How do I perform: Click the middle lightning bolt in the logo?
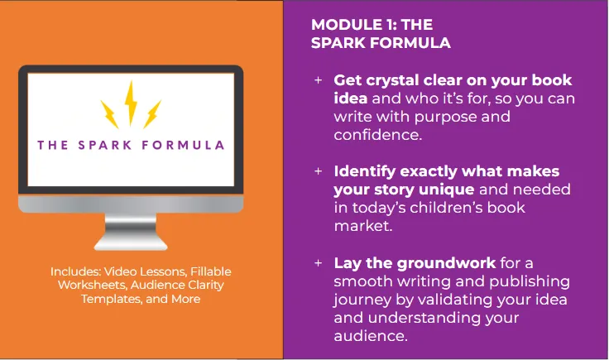click(131, 102)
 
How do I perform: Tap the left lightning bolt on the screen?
click(110, 114)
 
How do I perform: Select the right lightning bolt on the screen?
click(152, 114)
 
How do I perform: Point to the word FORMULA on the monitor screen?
click(183, 146)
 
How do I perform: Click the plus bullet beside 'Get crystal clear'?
click(318, 80)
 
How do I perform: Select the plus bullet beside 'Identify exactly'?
click(318, 171)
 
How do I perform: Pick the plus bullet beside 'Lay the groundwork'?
click(318, 263)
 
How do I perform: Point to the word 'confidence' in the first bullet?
click(376, 135)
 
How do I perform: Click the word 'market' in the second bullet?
click(362, 226)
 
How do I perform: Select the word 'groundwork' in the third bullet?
click(446, 263)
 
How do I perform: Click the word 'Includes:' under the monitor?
click(75, 271)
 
